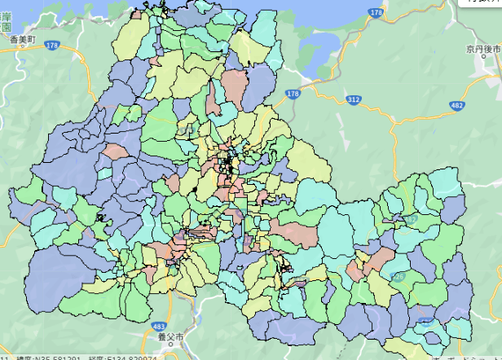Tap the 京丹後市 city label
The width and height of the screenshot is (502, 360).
482,50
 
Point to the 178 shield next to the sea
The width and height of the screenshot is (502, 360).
375,13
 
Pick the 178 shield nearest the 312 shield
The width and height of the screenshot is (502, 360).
293,95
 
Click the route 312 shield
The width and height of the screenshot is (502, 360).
353,99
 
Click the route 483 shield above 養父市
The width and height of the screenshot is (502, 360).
158,326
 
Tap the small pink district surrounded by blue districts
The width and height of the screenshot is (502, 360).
116,151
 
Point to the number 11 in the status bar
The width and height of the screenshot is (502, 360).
4,357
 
